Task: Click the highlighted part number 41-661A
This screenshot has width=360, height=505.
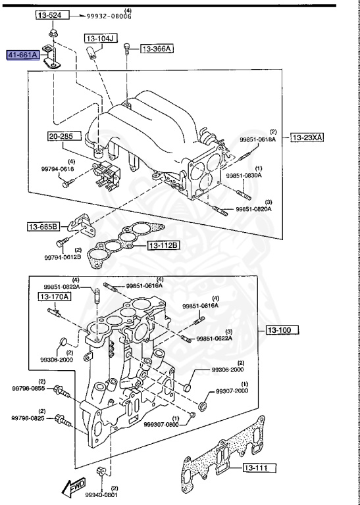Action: coord(23,57)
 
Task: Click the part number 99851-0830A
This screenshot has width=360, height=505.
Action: coord(244,176)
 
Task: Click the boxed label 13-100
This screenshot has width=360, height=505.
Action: coord(282,329)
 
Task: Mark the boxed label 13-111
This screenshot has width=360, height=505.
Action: coord(259,468)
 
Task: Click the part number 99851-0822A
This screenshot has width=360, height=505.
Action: coord(62,287)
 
